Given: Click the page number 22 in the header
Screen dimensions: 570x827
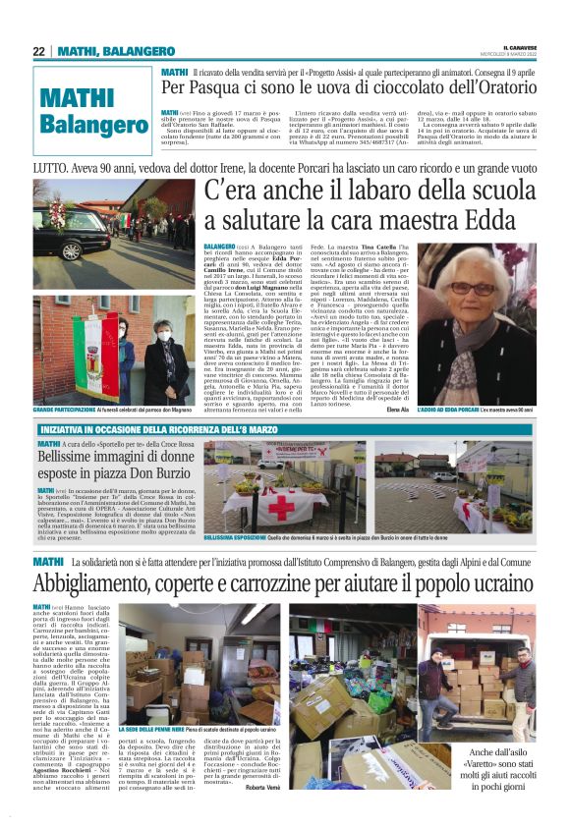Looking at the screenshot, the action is point(38,51).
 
